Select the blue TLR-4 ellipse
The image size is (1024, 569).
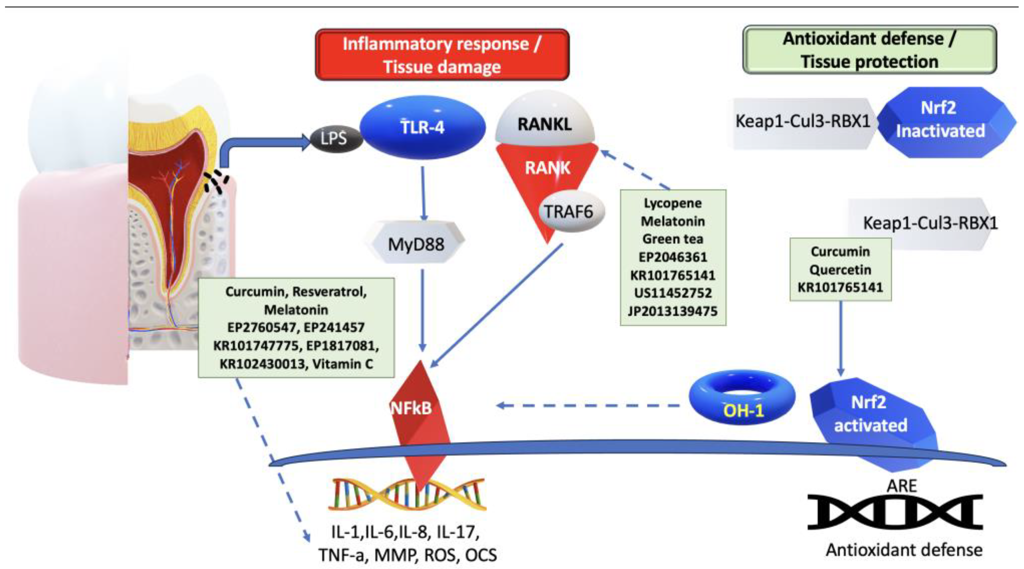pyautogui.click(x=422, y=127)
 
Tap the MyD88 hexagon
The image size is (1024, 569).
pyautogui.click(x=416, y=244)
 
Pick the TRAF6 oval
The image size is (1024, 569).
pyautogui.click(x=569, y=212)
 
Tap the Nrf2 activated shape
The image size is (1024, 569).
pyautogui.click(x=871, y=415)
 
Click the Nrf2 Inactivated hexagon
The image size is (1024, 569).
pyautogui.click(x=940, y=120)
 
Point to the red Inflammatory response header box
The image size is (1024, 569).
pyautogui.click(x=442, y=55)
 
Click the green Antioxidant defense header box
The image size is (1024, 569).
pyautogui.click(x=869, y=50)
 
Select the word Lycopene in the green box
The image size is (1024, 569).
pyautogui.click(x=673, y=203)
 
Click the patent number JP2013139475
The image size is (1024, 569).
pyautogui.click(x=673, y=311)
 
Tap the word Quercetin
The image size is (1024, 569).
pyautogui.click(x=840, y=270)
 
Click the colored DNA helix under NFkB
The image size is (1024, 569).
pyautogui.click(x=407, y=495)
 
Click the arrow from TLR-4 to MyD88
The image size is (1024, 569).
pyautogui.click(x=423, y=193)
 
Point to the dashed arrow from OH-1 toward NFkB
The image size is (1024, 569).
pyautogui.click(x=588, y=406)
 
